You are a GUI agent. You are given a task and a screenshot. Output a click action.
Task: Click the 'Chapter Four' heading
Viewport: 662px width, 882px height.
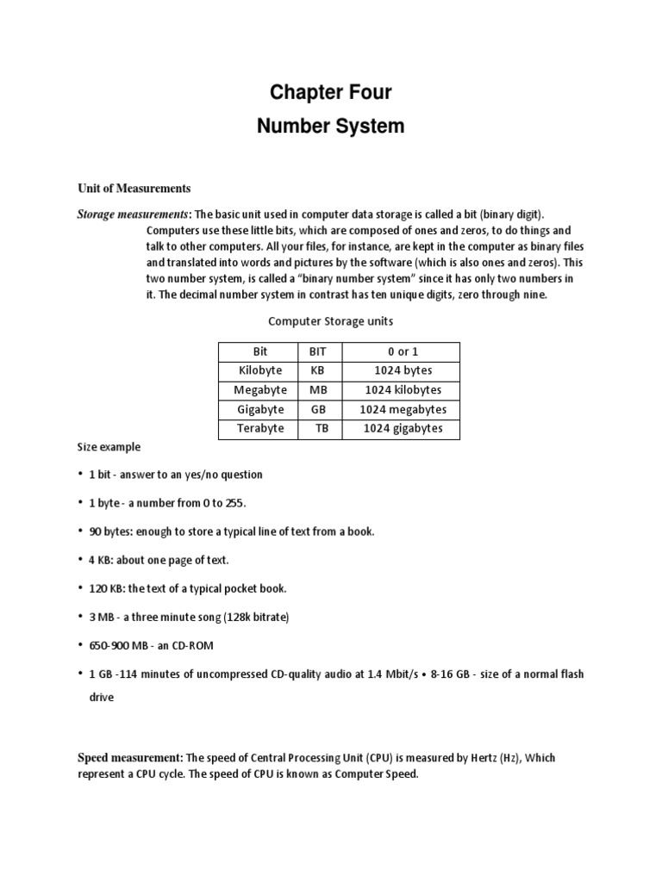point(331,92)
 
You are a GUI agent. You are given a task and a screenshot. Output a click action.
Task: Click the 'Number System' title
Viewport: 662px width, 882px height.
point(331,127)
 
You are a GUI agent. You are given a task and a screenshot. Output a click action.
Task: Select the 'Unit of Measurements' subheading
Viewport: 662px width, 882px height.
point(134,189)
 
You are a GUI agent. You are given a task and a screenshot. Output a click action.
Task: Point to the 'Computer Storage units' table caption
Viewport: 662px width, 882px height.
point(331,321)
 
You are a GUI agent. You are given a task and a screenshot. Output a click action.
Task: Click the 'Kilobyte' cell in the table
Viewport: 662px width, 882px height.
point(259,371)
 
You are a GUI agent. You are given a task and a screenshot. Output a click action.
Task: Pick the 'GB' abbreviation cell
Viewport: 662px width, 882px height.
point(320,409)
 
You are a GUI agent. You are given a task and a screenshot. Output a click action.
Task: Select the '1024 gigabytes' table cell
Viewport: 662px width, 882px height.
point(403,428)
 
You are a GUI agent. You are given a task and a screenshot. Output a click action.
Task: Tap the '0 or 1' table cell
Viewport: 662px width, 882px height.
point(403,352)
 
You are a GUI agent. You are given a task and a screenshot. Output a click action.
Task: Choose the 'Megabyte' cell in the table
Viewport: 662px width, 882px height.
point(259,390)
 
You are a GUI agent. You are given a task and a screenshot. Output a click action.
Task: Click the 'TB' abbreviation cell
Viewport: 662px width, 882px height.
point(322,428)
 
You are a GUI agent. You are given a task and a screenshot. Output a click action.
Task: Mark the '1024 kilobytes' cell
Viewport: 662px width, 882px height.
point(403,390)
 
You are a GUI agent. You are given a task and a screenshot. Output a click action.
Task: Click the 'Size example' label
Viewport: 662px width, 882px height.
point(109,448)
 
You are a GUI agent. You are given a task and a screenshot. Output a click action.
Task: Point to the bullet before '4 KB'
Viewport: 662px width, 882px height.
point(80,560)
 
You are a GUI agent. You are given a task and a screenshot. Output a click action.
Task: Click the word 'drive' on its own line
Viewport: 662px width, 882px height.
point(101,699)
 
